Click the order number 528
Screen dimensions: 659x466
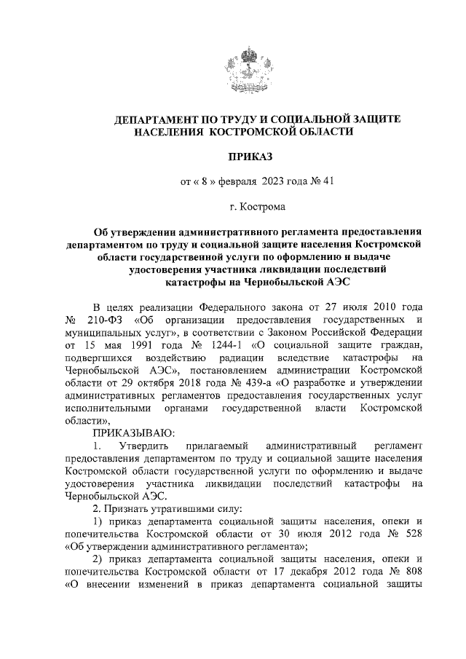click(408, 532)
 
